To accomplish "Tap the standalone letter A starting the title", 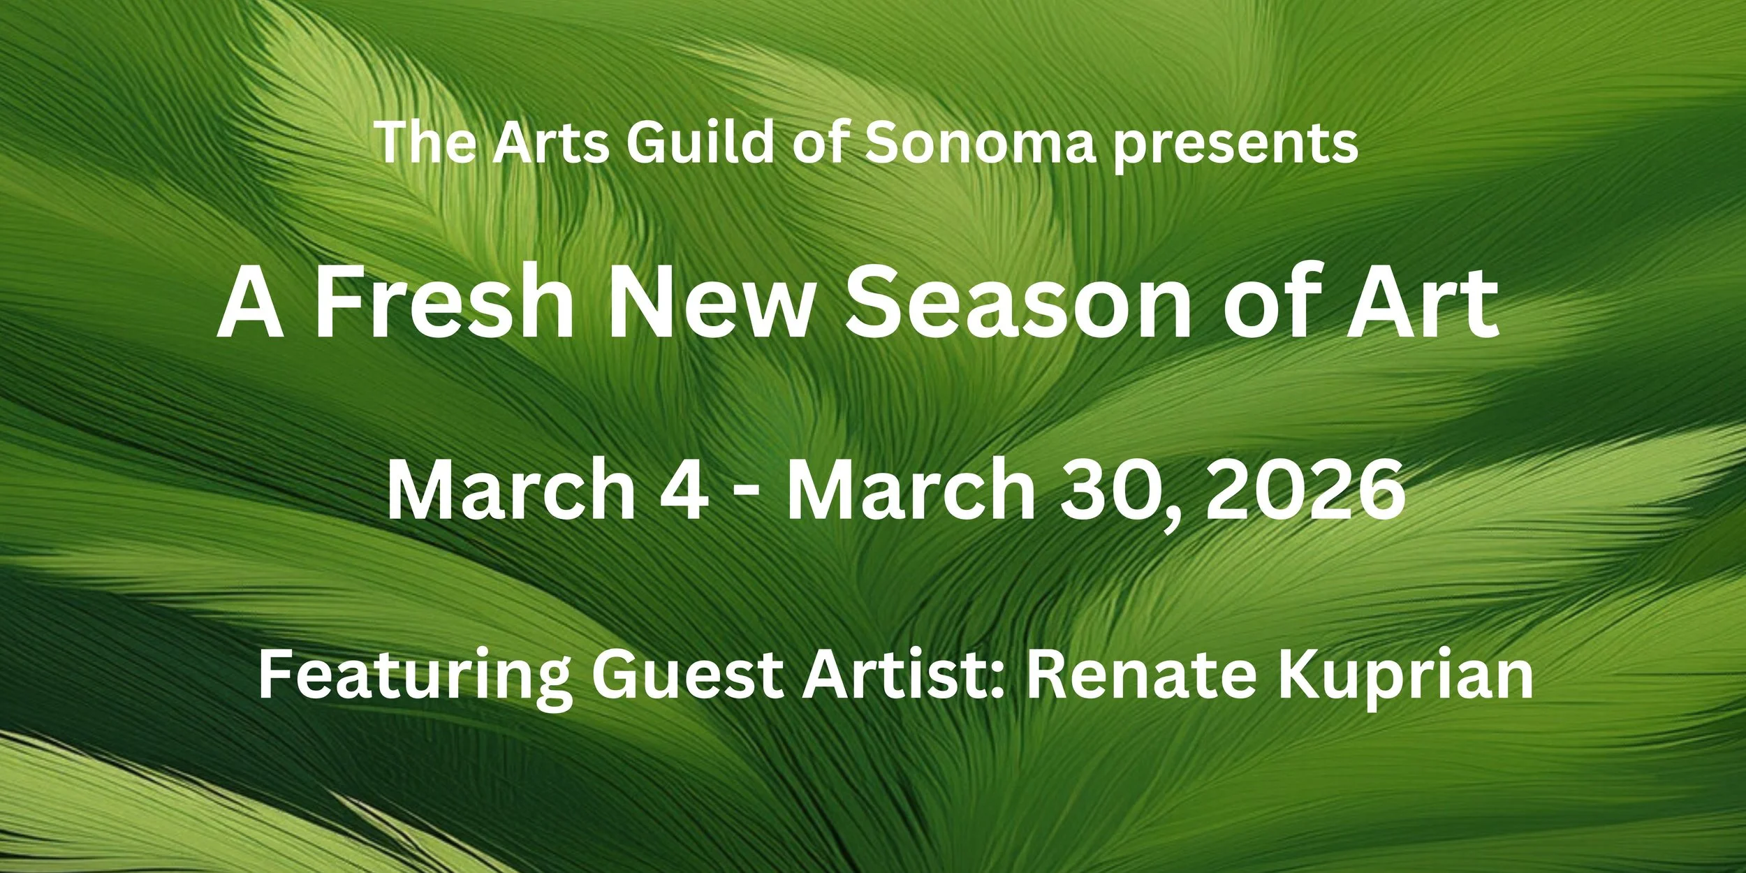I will [x=251, y=303].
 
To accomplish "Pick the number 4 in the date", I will [x=684, y=489].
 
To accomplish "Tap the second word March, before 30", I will [x=912, y=489].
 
